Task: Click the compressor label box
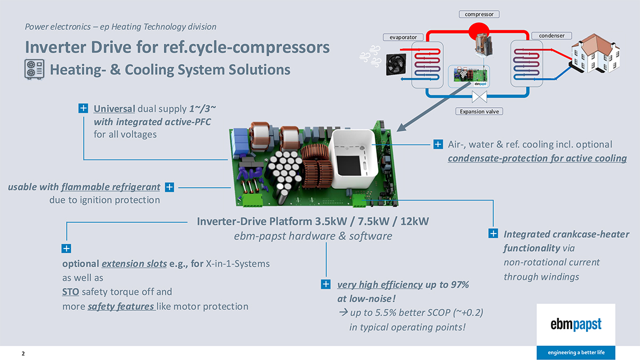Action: (x=479, y=14)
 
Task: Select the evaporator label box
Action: (x=403, y=37)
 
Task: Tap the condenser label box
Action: (x=551, y=36)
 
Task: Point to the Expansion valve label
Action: (x=479, y=111)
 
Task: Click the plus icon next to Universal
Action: (x=84, y=109)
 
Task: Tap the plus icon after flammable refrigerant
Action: (x=169, y=187)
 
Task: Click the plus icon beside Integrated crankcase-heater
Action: (x=493, y=234)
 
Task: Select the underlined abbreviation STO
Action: (x=70, y=292)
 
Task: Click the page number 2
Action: (x=23, y=354)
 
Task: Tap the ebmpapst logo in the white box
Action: (x=575, y=324)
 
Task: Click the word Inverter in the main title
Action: (x=57, y=47)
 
